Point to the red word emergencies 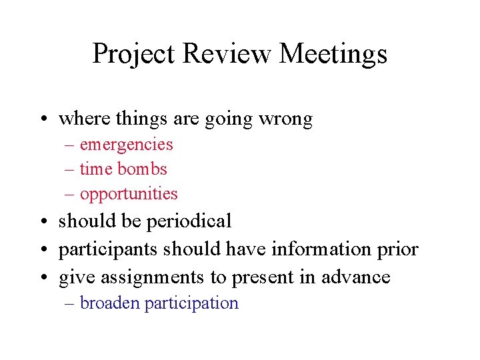(x=126, y=145)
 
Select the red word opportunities (x=129, y=194)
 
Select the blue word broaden (x=110, y=303)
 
